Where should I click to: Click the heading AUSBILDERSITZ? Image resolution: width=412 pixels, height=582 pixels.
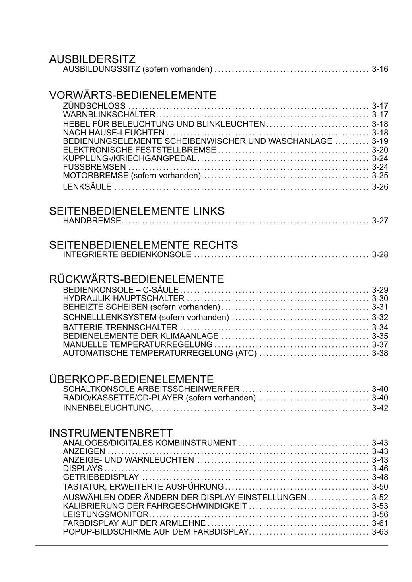point(92,59)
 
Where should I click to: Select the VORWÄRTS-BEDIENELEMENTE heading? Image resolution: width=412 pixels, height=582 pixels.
point(132,95)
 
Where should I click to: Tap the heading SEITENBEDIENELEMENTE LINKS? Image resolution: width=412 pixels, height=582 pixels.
point(136,211)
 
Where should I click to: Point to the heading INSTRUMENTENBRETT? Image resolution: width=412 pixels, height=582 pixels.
point(111,433)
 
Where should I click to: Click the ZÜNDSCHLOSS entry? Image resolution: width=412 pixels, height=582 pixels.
point(94,106)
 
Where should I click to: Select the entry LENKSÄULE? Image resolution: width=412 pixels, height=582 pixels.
point(87,187)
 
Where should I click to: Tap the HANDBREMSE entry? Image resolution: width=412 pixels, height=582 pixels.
point(92,221)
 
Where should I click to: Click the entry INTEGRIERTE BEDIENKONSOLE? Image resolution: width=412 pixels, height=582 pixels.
point(127,254)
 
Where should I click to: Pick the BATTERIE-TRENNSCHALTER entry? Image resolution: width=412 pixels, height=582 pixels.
point(120,328)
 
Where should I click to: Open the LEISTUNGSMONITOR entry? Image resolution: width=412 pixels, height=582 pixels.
point(106,515)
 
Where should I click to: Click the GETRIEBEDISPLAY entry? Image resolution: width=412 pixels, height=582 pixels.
point(101,477)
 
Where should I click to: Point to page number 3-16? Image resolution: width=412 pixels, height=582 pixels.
point(380,69)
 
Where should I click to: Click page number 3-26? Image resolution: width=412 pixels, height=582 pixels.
point(380,187)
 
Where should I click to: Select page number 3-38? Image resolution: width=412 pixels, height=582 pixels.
point(380,354)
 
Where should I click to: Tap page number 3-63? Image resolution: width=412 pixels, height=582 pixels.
point(380,532)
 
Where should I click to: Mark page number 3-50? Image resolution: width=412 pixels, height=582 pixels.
point(380,487)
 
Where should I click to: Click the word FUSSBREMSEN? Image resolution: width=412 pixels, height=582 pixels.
point(95,167)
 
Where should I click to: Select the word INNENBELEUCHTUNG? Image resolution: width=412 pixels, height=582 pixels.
point(107,408)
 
